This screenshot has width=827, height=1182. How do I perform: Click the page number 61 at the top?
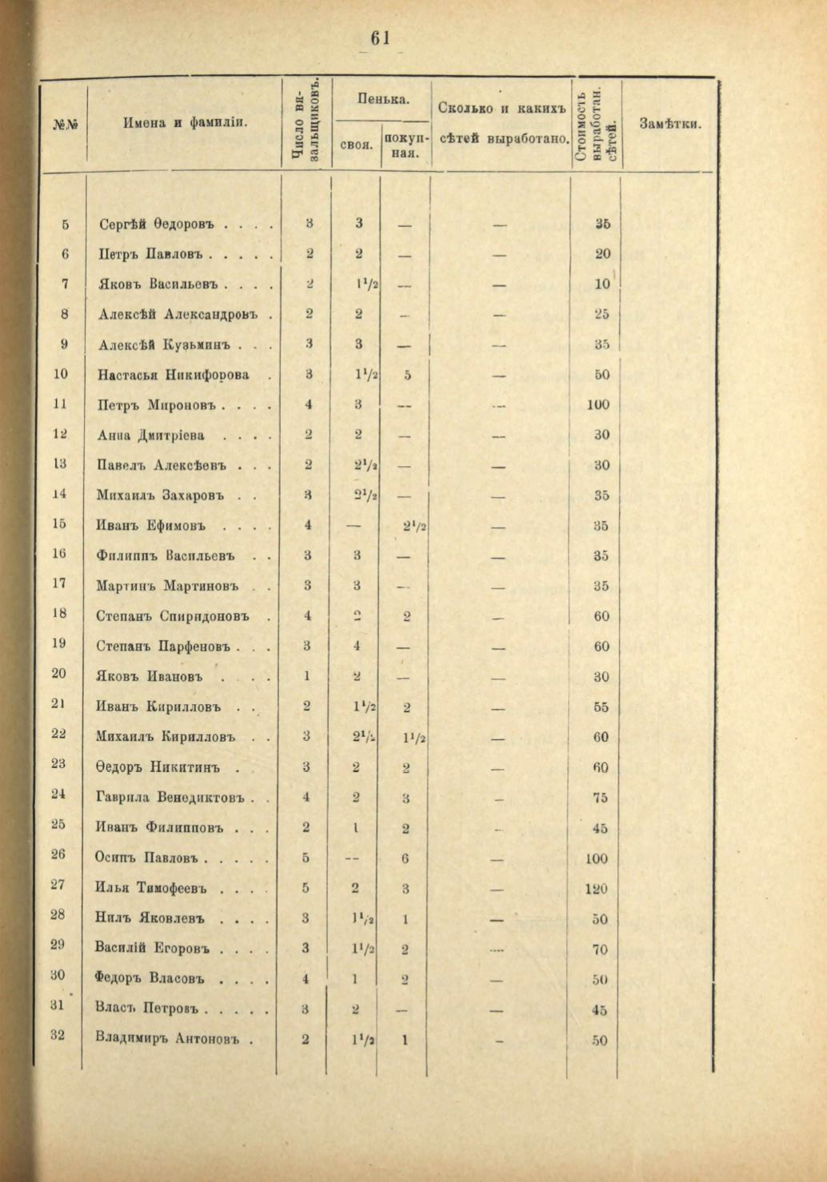379,39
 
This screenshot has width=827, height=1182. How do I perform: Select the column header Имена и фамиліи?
185,123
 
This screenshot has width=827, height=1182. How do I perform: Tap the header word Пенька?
383,99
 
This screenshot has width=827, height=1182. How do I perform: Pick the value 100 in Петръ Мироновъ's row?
597,404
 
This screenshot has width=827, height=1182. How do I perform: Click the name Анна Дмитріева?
151,435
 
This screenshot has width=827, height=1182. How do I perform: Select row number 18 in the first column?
58,615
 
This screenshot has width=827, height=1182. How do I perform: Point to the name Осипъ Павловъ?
148,858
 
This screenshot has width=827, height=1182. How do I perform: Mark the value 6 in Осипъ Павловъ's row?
406,858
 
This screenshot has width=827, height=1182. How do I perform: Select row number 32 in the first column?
58,1036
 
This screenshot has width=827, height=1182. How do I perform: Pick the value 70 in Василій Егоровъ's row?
600,949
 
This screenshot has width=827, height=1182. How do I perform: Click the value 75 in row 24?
601,797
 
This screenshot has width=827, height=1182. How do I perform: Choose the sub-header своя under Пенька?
357,145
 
